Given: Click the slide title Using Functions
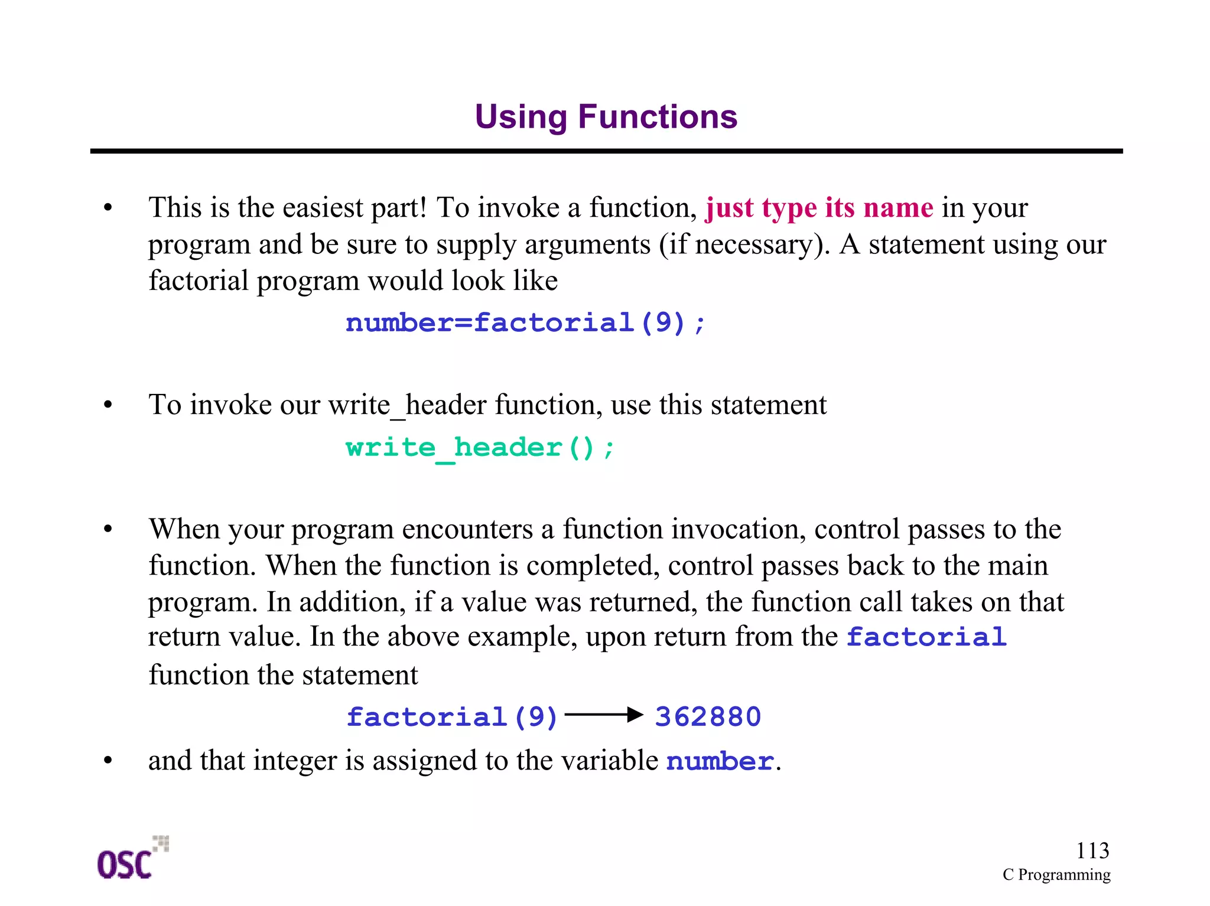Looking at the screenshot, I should tap(606, 116).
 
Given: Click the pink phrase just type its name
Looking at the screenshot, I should tap(819, 208).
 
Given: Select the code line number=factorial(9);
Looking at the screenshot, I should tap(525, 323).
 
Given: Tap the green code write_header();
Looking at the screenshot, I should tap(480, 448).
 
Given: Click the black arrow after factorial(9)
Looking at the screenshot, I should tap(604, 715).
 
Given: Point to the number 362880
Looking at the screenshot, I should tap(708, 717).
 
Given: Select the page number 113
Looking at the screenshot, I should tap(1092, 850).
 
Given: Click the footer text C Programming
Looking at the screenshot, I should tap(1056, 875).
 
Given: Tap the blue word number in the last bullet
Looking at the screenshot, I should tap(720, 762).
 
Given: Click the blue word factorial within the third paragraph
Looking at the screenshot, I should tap(926, 637).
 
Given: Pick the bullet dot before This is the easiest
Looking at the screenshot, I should tap(108, 208).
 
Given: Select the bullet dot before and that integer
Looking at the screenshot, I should tap(108, 761).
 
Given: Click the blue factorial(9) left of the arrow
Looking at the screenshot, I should tap(452, 717).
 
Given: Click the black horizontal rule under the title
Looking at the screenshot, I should tap(606, 151).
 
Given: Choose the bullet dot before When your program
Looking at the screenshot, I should tap(108, 529).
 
